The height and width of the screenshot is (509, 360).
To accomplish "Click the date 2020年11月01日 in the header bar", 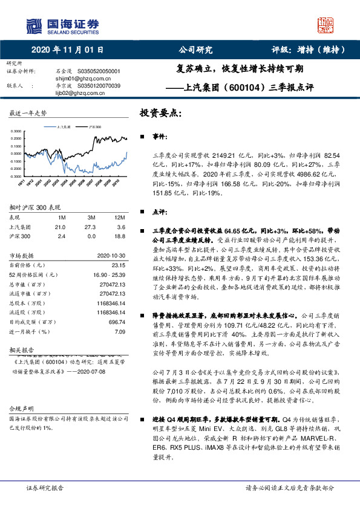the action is click(67, 50).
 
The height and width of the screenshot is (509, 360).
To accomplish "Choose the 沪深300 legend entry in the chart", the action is click(95, 128).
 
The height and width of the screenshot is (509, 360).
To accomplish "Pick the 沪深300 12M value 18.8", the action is click(120, 236).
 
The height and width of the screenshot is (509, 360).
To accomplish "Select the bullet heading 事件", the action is click(159, 138).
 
